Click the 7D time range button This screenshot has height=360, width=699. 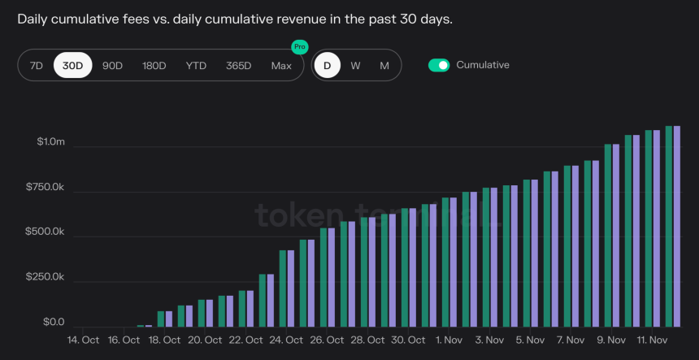point(36,65)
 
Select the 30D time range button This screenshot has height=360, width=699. point(73,65)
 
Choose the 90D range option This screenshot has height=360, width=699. point(112,65)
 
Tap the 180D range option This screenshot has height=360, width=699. point(154,65)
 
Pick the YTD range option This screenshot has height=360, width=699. point(196,65)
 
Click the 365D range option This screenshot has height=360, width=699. point(238,65)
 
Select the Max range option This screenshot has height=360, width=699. point(281,65)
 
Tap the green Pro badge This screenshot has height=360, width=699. point(300,47)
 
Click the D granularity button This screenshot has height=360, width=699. point(327,65)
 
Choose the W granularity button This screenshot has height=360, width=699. point(355,65)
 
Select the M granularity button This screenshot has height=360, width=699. point(384,65)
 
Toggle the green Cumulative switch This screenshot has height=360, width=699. point(439,65)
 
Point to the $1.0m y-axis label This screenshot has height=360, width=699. point(50,142)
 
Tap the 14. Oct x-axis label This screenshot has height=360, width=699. point(83,340)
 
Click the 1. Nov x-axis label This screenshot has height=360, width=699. point(449,340)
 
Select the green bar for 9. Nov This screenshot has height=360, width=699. point(608,236)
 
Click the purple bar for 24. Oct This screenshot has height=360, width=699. point(291,288)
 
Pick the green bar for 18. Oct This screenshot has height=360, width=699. point(161,319)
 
